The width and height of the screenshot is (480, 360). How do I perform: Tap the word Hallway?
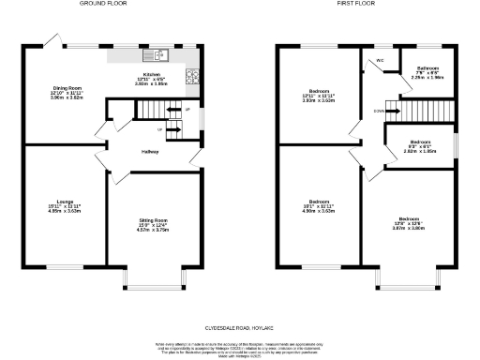pyautogui.click(x=149, y=152)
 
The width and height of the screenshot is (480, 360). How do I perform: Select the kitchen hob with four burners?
pyautogui.click(x=194, y=77)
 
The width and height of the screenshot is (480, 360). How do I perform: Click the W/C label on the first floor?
pyautogui.click(x=381, y=61)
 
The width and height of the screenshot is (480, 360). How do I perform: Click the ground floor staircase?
pyautogui.click(x=160, y=112)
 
